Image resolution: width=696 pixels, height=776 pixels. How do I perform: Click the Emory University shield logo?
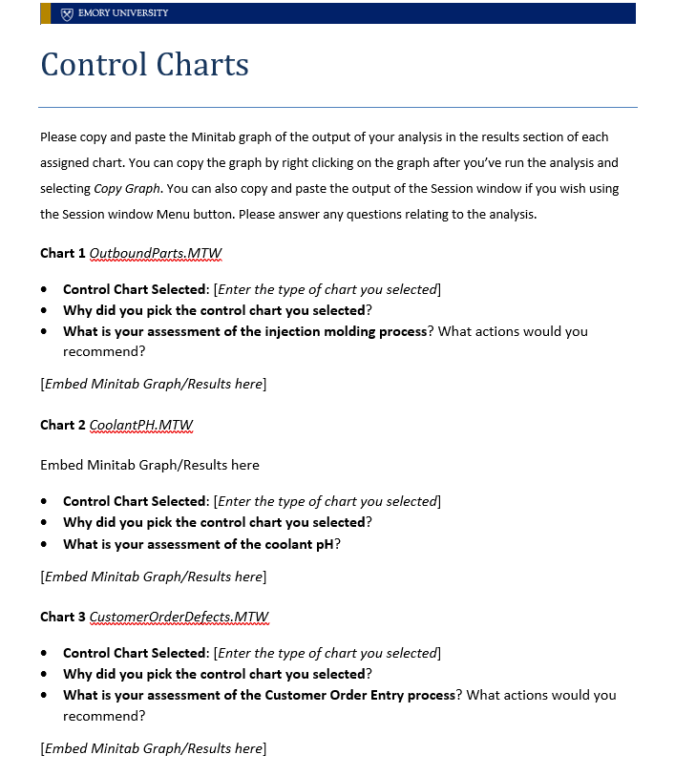(66, 13)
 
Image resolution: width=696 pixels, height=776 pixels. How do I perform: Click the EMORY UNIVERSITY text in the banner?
(123, 13)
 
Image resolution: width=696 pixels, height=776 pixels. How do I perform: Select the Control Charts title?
(144, 65)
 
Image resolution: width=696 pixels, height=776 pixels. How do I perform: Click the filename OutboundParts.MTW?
(156, 253)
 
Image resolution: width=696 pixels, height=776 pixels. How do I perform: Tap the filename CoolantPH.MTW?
(141, 425)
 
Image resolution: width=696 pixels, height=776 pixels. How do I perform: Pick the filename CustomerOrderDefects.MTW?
(179, 617)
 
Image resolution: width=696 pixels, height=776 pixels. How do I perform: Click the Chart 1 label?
(62, 253)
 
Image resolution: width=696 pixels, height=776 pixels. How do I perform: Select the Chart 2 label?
(62, 425)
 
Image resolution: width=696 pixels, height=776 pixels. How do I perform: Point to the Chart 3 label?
(62, 617)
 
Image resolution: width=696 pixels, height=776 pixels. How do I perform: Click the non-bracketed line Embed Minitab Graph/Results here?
(150, 465)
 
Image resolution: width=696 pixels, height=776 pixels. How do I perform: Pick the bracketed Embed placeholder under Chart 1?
(153, 384)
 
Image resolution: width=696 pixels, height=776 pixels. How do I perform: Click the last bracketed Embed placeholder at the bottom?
(153, 748)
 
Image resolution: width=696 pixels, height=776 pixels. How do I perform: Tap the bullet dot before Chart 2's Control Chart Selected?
(45, 502)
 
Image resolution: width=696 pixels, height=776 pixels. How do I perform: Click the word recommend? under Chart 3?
(104, 715)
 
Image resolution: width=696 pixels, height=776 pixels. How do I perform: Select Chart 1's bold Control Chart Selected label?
(135, 289)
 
